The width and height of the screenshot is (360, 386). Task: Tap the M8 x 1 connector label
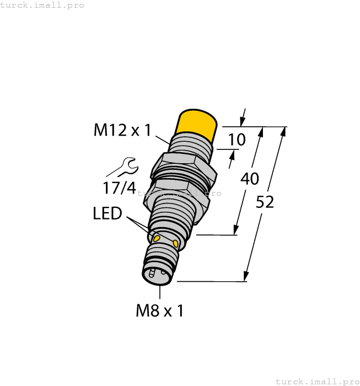159,311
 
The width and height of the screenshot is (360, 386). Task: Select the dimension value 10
237,140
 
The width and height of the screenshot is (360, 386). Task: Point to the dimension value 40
250,179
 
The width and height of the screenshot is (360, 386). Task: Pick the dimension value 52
265,202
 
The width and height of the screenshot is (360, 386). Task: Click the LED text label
107,213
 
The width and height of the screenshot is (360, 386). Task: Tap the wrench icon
123,167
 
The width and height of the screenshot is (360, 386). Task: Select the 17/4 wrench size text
119,188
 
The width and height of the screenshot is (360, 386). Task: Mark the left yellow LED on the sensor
157,238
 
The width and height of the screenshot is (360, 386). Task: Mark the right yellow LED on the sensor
176,243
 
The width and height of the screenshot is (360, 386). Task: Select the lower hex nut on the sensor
176,197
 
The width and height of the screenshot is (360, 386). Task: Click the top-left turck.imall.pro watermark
42,5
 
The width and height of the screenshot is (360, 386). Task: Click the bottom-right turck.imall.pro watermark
316,381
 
